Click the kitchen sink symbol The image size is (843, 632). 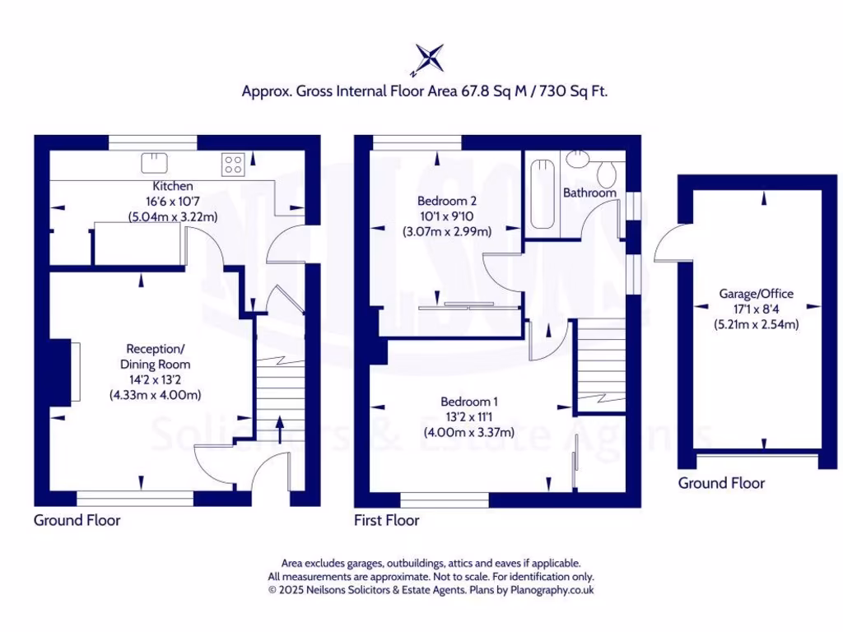pos(153,161)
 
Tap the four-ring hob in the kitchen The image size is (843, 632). pos(232,165)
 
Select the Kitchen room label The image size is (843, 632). pos(173,187)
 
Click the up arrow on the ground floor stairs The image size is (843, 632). pos(276,428)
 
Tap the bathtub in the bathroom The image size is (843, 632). pos(543,195)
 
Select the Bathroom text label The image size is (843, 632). pos(589,193)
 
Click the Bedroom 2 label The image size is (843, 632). pos(447,200)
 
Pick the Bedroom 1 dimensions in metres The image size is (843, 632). pos(468,432)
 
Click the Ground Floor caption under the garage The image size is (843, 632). pos(721,483)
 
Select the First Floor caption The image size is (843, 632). pos(386,520)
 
